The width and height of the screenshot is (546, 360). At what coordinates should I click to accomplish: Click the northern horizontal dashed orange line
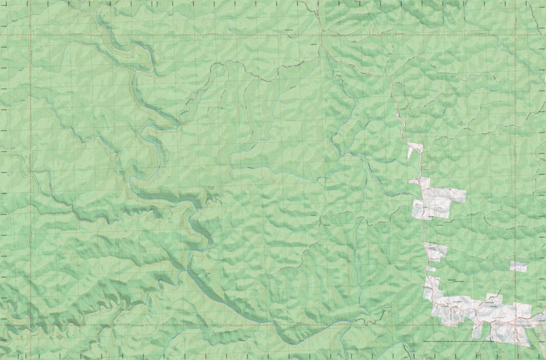(x=204, y=35)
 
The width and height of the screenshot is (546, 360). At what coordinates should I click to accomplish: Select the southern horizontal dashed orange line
(x=153, y=325)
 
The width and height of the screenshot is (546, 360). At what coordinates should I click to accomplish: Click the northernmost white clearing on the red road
(x=415, y=149)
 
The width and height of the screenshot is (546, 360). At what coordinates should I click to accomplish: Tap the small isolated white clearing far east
(x=518, y=266)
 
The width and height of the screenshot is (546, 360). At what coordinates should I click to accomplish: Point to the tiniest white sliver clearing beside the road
(x=431, y=269)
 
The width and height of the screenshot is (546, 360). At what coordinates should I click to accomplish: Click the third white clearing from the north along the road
(x=436, y=251)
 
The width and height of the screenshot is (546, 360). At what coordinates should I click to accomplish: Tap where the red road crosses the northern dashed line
(x=321, y=35)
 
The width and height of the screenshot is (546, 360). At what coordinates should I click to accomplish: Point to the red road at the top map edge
(x=318, y=2)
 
